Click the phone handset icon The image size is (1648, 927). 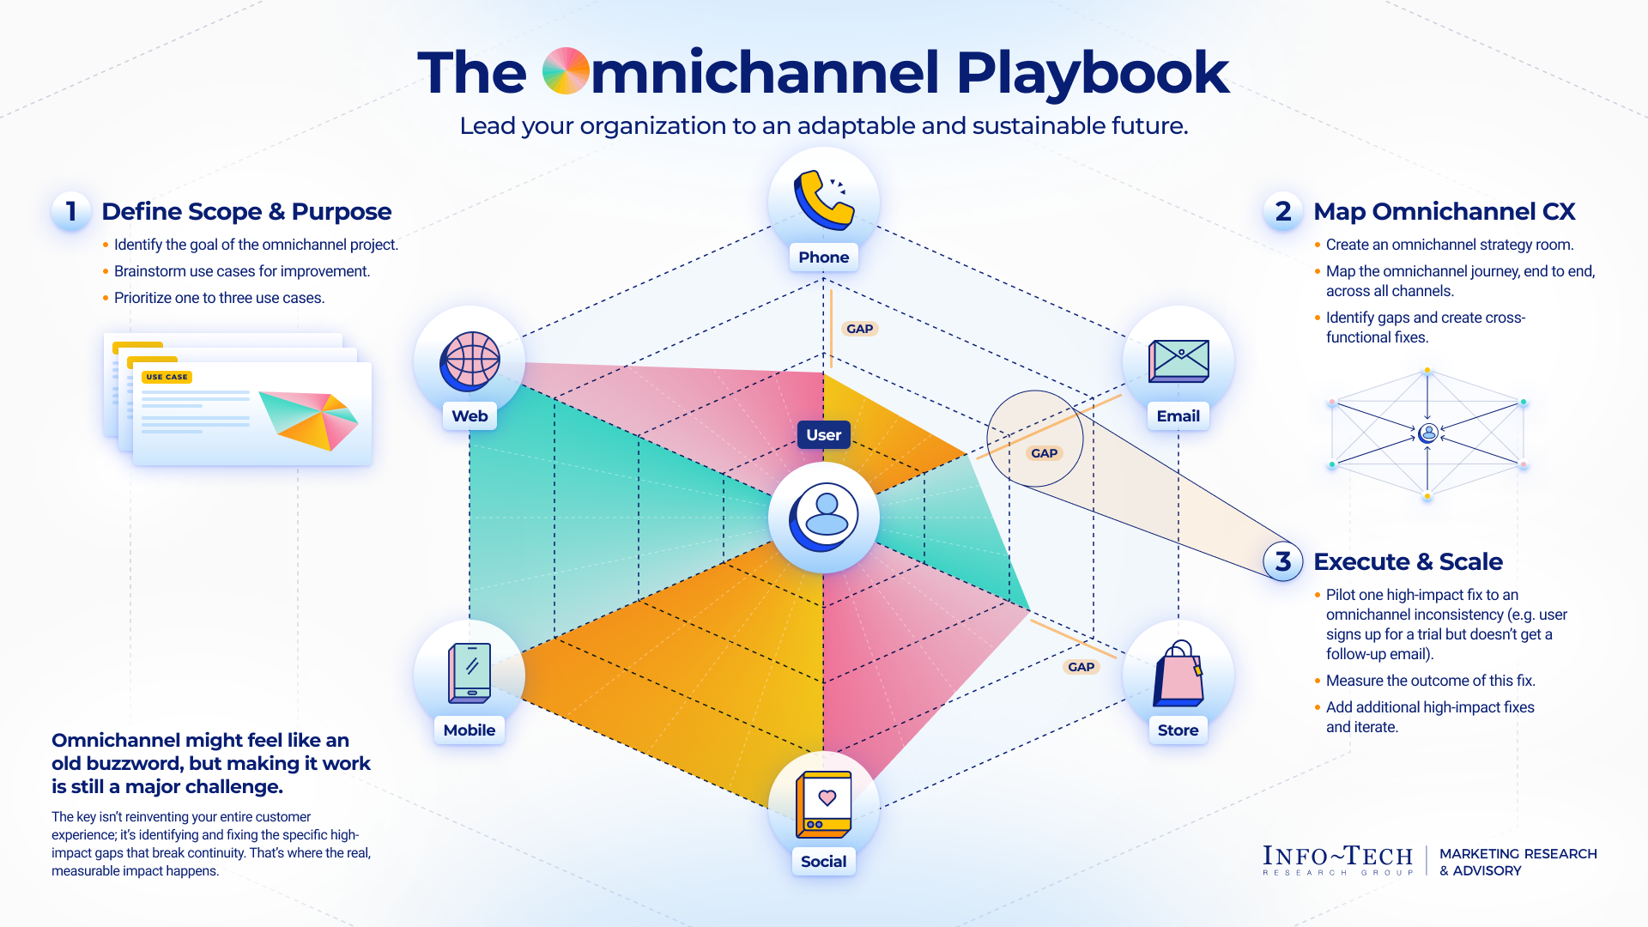(822, 200)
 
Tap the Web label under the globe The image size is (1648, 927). (470, 416)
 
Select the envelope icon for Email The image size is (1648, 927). (1178, 361)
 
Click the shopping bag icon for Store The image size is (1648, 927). (1178, 675)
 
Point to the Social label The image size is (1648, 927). (823, 862)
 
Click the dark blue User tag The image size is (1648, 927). (823, 435)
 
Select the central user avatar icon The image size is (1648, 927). (824, 518)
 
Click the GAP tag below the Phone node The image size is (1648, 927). (859, 329)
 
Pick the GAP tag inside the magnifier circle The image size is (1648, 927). (1044, 453)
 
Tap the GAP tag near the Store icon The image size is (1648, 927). (1081, 667)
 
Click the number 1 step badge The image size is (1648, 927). (71, 211)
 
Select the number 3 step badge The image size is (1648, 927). (1282, 561)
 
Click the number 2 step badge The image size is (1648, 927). (1282, 211)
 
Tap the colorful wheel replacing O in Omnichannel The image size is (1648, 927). (566, 71)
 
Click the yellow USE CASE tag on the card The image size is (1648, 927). (167, 377)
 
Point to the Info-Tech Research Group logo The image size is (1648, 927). (1336, 860)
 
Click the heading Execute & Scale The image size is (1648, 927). (1408, 561)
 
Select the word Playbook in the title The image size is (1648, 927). (1092, 73)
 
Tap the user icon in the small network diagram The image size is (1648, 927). (1427, 433)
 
